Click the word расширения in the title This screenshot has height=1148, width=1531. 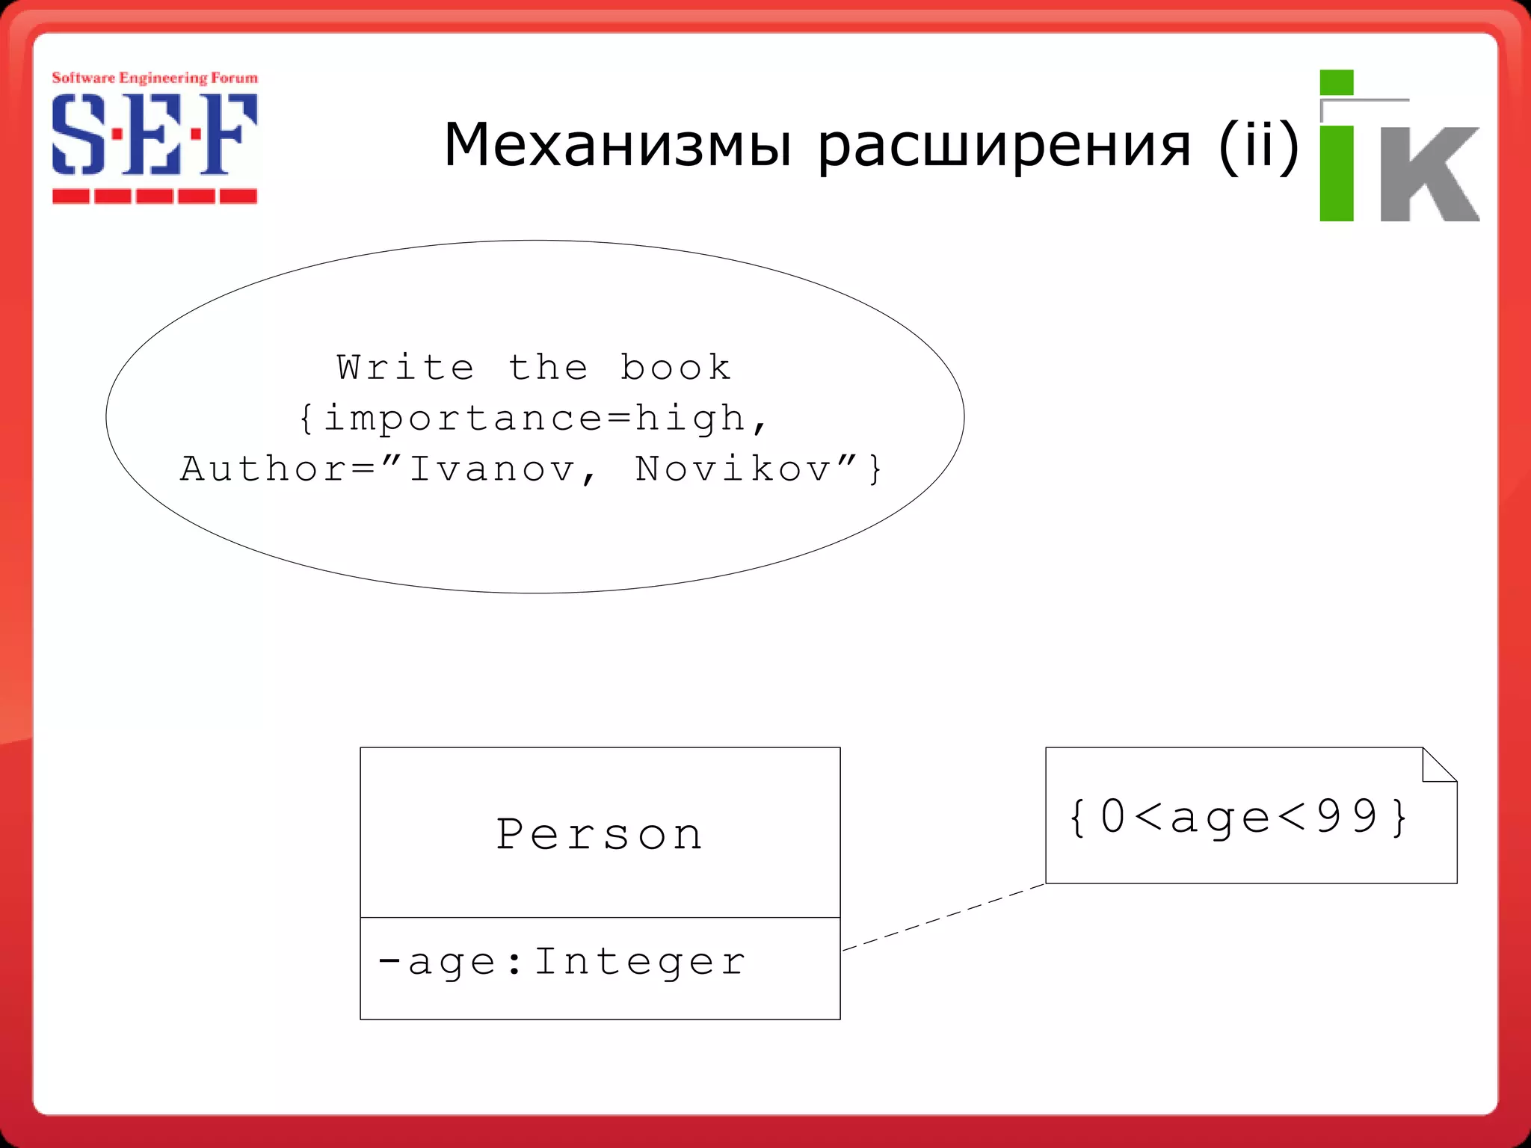(1004, 146)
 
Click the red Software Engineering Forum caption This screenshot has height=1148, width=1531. (155, 78)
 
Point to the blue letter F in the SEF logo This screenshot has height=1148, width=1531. (228, 135)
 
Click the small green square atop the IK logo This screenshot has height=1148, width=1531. (1337, 82)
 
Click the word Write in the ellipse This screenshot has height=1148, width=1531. (405, 368)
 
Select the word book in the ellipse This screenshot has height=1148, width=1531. (675, 368)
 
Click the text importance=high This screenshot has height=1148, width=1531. (534, 418)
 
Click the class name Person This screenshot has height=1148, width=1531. (600, 834)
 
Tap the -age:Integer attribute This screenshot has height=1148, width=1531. (562, 961)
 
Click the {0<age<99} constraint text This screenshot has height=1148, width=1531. (1239, 816)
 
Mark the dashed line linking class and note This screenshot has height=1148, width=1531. (943, 918)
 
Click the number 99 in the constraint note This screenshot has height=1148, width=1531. (1346, 816)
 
